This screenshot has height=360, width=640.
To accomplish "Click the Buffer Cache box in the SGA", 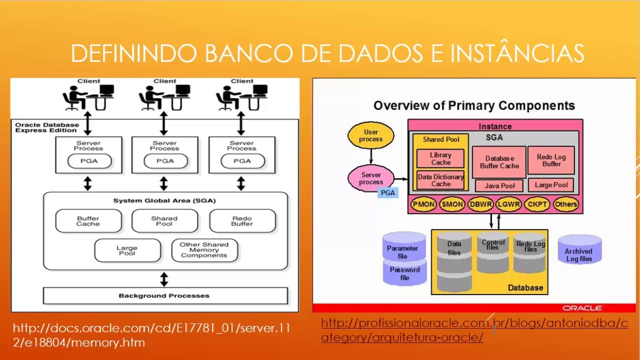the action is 88,221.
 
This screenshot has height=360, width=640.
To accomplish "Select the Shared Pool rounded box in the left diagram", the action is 165,221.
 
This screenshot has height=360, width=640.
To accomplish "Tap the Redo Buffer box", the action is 242,221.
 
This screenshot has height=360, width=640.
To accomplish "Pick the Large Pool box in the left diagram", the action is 127,250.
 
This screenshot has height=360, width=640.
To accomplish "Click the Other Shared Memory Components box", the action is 204,250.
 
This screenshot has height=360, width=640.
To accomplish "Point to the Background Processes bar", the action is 165,295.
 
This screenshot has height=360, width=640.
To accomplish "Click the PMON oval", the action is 423,204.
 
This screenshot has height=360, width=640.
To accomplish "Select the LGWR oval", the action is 509,204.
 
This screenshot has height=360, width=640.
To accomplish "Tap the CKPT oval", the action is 537,204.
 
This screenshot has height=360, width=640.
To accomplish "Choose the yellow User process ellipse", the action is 371,135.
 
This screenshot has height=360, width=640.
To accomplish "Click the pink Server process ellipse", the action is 371,178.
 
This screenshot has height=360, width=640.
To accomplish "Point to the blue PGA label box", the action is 387,193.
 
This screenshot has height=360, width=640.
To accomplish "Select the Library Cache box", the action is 440,158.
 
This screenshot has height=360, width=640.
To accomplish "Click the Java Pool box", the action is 499,185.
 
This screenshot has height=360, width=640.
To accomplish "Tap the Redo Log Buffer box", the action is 551,160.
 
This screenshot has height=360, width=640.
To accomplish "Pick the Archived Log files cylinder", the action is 579,249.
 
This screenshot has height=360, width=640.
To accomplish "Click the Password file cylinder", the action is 404,272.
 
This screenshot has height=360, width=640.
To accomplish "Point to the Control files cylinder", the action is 493,252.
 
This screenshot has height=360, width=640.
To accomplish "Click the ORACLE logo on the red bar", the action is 582,308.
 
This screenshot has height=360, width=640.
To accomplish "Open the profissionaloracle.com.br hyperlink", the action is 474,330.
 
